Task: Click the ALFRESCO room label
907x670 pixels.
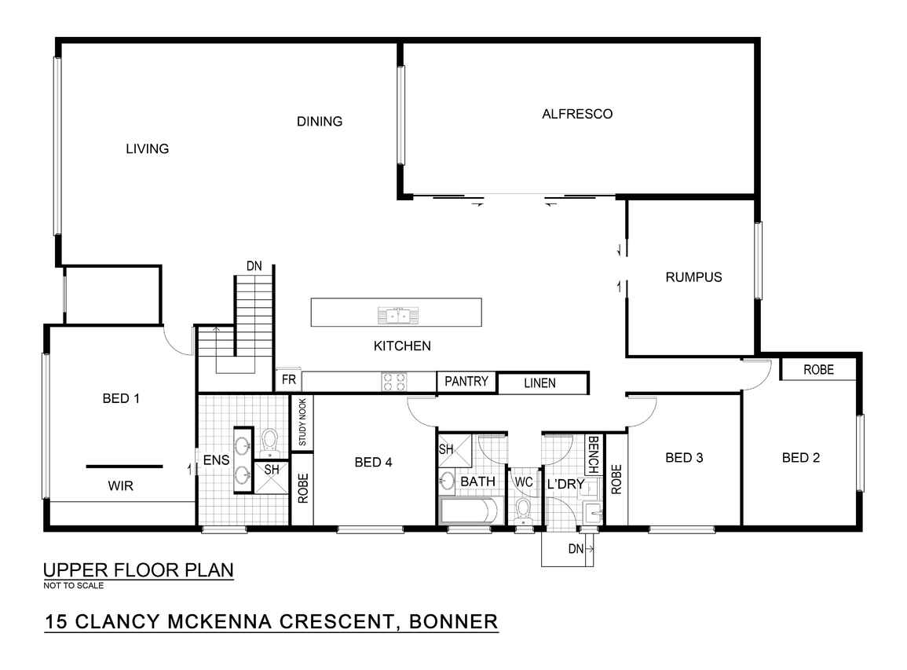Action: click(x=576, y=114)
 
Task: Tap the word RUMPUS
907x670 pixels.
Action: click(x=693, y=277)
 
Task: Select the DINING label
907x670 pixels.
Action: click(x=320, y=122)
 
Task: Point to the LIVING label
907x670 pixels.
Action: click(x=148, y=148)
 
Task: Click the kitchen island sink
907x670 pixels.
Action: click(x=399, y=316)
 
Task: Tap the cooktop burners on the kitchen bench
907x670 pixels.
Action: click(x=394, y=382)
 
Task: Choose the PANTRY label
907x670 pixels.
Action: click(x=466, y=381)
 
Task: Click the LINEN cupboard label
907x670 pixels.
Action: click(x=539, y=383)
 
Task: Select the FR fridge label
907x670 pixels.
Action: click(x=289, y=379)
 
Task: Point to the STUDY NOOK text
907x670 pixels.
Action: click(x=302, y=423)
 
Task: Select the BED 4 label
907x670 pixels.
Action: click(x=373, y=463)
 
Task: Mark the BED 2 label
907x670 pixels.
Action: click(x=800, y=458)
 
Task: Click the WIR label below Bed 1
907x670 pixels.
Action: click(x=120, y=486)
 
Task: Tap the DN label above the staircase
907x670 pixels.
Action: click(x=254, y=266)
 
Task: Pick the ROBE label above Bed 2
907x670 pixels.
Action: click(x=818, y=370)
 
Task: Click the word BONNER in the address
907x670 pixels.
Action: click(x=454, y=621)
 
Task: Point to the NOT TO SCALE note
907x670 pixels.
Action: click(x=74, y=585)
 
